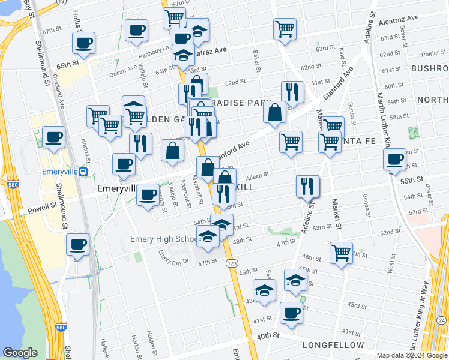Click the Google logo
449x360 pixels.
(20, 353)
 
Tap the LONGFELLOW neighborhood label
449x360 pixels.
(333, 345)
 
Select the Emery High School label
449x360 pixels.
(163, 240)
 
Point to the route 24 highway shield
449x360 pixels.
(443, 320)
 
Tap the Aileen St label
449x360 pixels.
(257, 176)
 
